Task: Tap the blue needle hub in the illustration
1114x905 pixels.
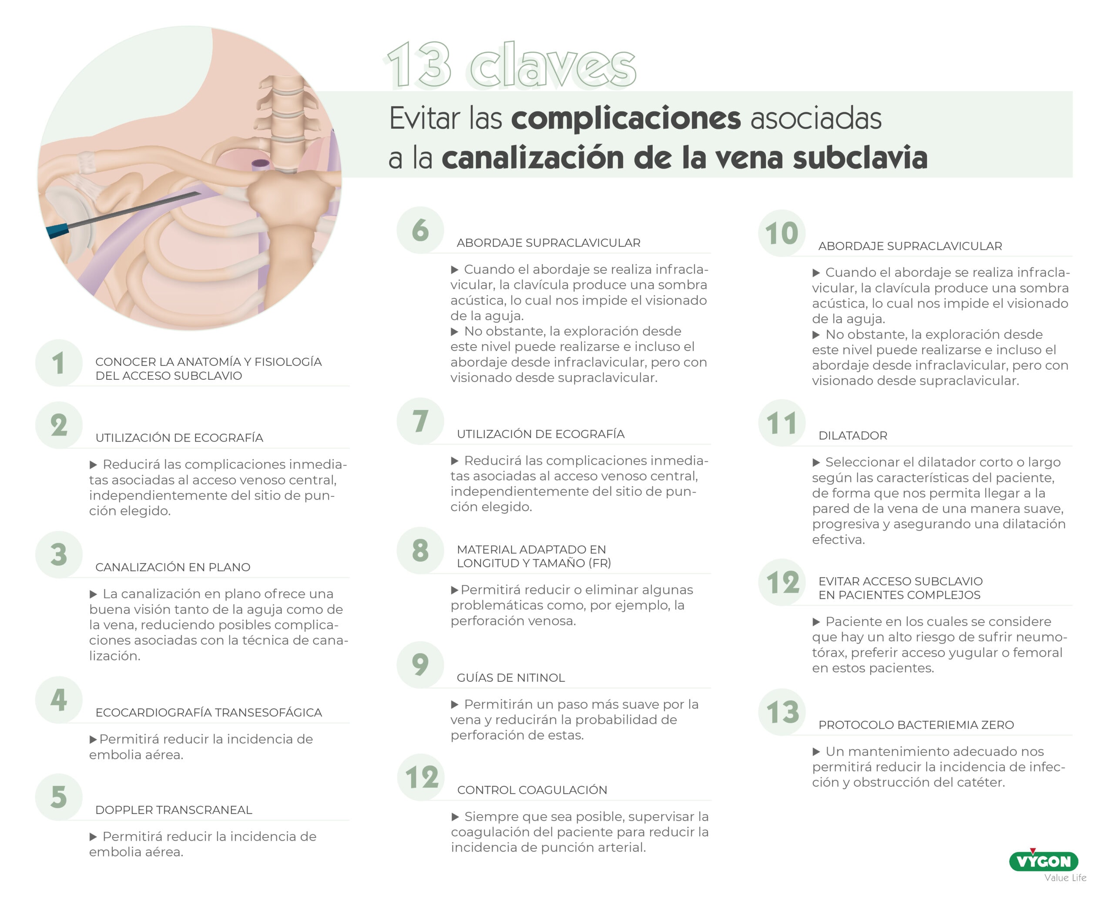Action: click(x=57, y=231)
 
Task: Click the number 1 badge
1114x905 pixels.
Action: click(x=58, y=363)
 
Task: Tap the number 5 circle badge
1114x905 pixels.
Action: click(x=58, y=797)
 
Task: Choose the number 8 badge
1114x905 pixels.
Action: click(x=420, y=550)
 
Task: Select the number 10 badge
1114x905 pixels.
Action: click(x=782, y=233)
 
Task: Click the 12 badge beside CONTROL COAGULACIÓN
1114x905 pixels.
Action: click(x=421, y=777)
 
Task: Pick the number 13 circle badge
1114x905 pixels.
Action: click(x=782, y=712)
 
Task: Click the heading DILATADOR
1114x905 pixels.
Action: click(x=852, y=435)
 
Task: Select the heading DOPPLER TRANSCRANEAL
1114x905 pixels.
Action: click(x=174, y=810)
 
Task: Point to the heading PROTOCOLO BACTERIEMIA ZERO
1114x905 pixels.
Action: click(x=916, y=724)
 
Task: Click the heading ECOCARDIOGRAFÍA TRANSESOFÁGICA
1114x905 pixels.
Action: click(x=208, y=712)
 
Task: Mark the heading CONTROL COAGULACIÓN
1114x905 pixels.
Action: click(x=532, y=790)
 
